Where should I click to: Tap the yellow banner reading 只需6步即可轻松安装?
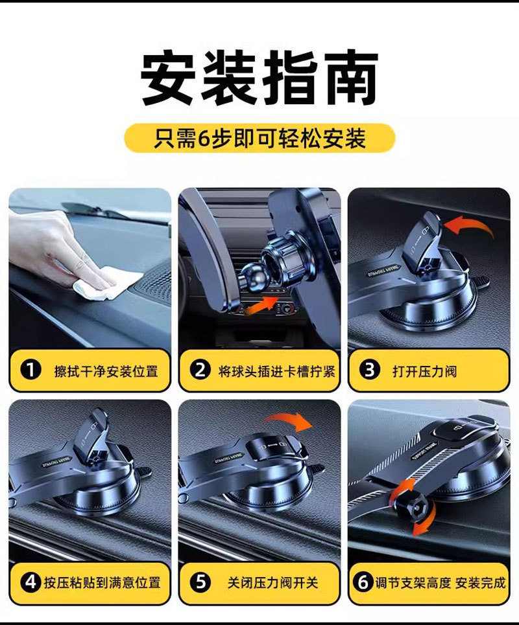tap(259, 139)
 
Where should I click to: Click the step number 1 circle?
tap(30, 370)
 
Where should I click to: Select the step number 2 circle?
tap(200, 370)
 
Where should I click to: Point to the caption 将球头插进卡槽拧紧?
tap(276, 371)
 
